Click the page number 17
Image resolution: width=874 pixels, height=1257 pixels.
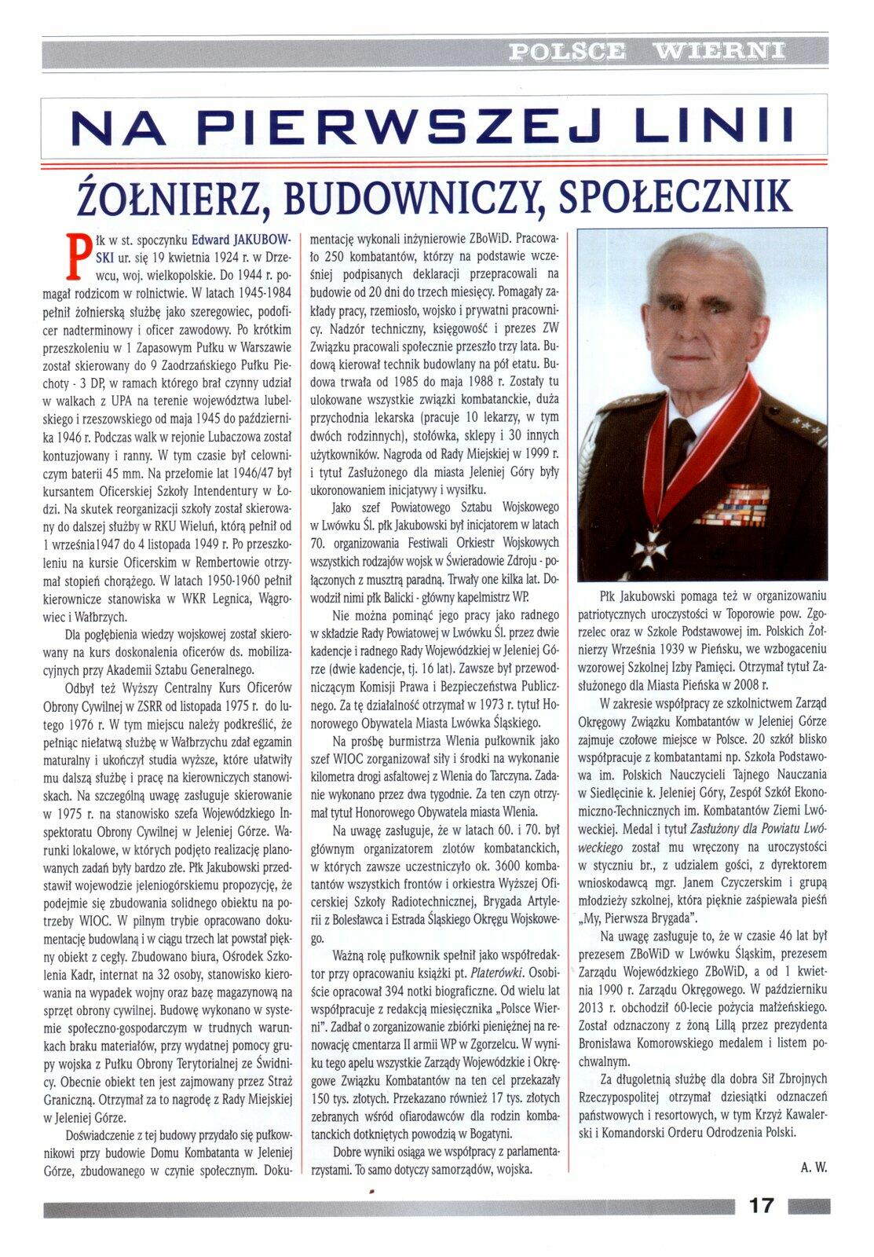(x=761, y=1204)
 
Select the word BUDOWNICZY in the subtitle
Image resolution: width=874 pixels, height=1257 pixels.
(x=411, y=196)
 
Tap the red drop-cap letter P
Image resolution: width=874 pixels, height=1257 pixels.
(x=76, y=255)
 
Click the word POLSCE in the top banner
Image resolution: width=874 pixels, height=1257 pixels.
(x=567, y=52)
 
